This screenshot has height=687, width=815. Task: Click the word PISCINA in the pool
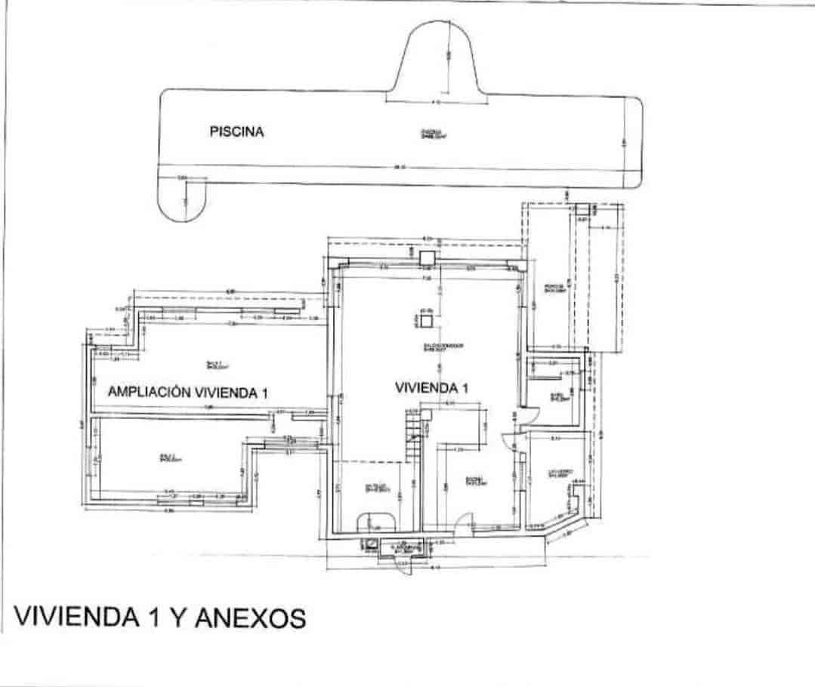coord(236,131)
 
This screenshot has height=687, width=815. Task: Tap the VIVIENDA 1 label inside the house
coord(432,388)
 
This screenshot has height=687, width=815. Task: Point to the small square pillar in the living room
coord(427,319)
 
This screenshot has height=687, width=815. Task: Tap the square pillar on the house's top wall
coord(428,257)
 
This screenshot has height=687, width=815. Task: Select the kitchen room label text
coord(474,481)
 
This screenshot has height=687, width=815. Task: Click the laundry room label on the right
coord(557,475)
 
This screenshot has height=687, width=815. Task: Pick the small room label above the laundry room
coord(558,397)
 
